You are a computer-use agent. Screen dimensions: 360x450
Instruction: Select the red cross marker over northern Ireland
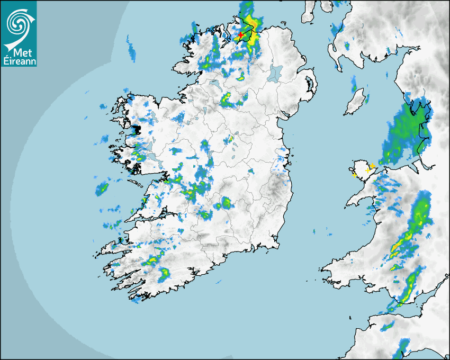tap(241, 35)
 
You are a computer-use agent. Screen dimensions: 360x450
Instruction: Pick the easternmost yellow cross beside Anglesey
tap(372, 166)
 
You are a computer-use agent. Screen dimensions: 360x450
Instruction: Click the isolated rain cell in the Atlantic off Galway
tap(102, 188)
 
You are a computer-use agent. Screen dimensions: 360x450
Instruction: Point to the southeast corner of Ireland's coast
tap(276, 245)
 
